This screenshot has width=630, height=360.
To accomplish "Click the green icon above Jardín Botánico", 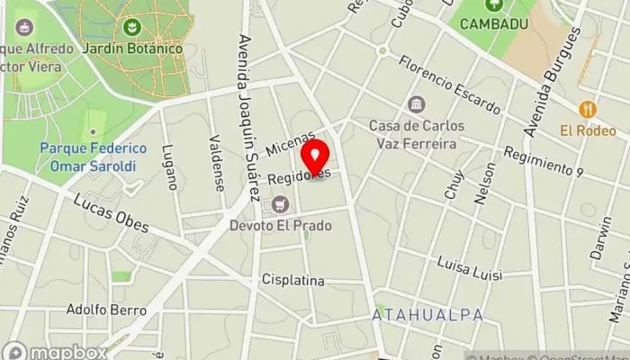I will (x=133, y=27).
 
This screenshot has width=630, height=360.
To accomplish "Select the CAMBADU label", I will (x=494, y=24).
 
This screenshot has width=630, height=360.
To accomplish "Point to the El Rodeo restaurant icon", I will (x=588, y=109).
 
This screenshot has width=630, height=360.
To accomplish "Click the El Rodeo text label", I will (x=588, y=130).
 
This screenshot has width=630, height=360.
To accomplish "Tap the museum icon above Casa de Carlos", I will (x=415, y=104).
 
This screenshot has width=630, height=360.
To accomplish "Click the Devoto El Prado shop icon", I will (x=280, y=205).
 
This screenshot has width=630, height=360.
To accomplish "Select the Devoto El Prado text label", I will (x=280, y=225).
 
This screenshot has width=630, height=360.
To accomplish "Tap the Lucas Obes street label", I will (x=111, y=213).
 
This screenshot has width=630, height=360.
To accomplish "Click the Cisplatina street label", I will (x=292, y=280).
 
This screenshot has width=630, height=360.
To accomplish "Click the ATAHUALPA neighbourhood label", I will (x=428, y=315).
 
